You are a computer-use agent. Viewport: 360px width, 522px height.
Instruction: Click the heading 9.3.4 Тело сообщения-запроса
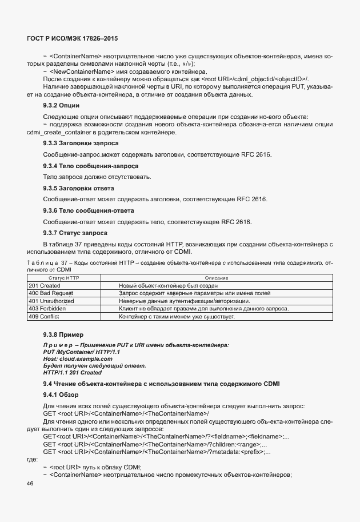click(x=83, y=166)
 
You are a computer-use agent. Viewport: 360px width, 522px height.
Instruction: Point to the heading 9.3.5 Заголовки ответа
click(x=78, y=188)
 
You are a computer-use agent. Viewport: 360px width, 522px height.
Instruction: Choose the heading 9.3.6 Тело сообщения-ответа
click(x=81, y=210)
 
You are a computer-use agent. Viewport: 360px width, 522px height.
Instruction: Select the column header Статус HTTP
click(x=63, y=277)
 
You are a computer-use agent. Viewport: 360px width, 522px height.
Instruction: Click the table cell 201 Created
click(x=45, y=285)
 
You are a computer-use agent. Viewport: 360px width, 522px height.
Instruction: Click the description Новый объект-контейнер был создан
click(x=169, y=285)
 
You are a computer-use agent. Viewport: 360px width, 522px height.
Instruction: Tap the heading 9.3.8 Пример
click(x=63, y=334)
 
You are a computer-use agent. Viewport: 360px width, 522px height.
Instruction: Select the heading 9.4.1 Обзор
click(x=62, y=395)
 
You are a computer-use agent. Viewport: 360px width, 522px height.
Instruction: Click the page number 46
click(x=30, y=484)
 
